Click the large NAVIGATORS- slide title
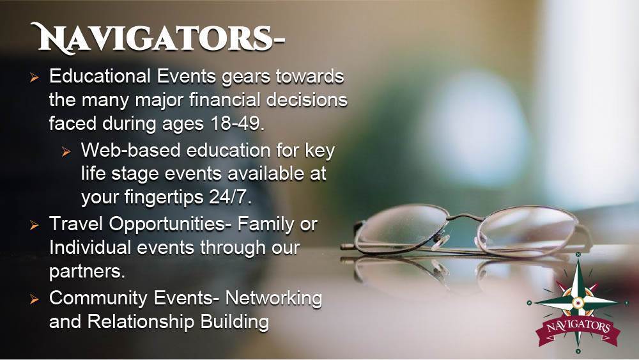[157, 38]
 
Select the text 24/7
[230, 197]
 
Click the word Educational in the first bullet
[100, 76]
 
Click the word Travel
[76, 224]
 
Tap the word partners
[87, 272]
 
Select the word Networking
[273, 299]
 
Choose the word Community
[98, 299]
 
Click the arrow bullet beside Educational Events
[35, 77]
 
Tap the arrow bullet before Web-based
[66, 152]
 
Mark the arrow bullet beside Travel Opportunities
[35, 225]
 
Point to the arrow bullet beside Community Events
[35, 300]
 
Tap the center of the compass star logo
[578, 302]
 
